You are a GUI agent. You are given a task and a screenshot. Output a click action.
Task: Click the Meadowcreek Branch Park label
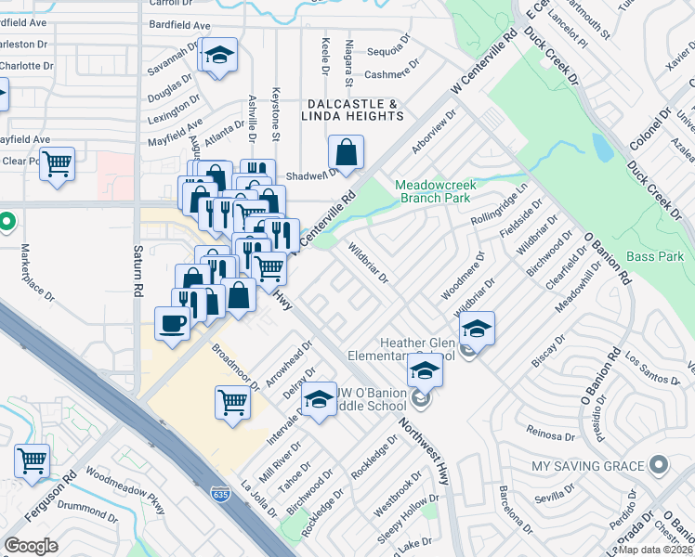pyautogui.click(x=435, y=191)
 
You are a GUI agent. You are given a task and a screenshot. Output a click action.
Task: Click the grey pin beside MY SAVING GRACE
pyautogui.click(x=660, y=464)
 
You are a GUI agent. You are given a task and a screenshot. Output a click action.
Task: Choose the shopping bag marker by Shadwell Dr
pyautogui.click(x=346, y=153)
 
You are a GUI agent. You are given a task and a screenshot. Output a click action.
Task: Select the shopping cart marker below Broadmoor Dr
pyautogui.click(x=232, y=402)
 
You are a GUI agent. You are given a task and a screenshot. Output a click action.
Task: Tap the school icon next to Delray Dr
pyautogui.click(x=320, y=400)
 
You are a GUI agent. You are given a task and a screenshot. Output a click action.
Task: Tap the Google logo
pyautogui.click(x=32, y=546)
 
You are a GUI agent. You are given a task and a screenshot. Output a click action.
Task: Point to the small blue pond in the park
pyautogui.click(x=601, y=146)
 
